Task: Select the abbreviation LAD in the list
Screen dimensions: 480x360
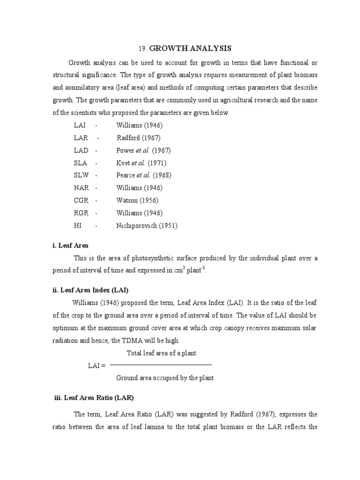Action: click(81, 150)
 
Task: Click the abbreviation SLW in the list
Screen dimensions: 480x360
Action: click(82, 175)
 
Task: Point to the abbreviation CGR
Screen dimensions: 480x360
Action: click(82, 201)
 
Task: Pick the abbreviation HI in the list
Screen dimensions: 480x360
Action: click(78, 225)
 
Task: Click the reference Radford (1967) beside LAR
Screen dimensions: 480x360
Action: click(138, 138)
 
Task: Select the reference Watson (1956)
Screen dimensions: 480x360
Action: click(137, 201)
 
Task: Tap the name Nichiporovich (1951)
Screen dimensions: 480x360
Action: click(147, 225)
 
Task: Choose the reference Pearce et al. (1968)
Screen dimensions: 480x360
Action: click(143, 175)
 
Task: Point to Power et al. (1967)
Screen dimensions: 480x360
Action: click(143, 150)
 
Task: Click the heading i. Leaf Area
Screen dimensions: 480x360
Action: click(70, 245)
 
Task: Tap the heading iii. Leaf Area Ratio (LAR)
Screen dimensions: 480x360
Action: click(94, 397)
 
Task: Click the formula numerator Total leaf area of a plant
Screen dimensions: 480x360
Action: click(161, 353)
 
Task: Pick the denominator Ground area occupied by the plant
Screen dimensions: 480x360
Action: click(165, 378)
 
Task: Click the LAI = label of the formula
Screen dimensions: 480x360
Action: click(97, 366)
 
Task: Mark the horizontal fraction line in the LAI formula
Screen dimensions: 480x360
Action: click(161, 365)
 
